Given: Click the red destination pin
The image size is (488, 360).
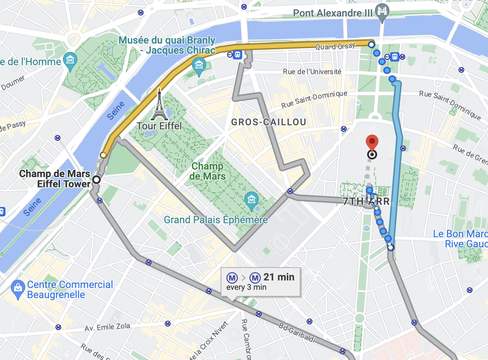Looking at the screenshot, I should point(372,142).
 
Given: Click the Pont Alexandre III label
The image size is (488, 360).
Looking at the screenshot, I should point(333,13).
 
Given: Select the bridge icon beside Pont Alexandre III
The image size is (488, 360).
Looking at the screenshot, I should point(382,11).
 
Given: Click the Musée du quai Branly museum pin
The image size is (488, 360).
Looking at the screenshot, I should point(199,66).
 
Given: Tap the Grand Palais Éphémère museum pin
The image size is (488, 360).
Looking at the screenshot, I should point(251,199).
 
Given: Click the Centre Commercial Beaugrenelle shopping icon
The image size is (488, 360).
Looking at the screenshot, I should point(18,288).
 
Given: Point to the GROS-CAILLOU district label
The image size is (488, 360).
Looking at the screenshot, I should point(268,122).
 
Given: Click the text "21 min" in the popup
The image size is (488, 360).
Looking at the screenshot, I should point(279,277).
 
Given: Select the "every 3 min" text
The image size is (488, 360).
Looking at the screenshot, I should point(246,287).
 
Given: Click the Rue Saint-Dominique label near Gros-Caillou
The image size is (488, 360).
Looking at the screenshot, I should point(314,99).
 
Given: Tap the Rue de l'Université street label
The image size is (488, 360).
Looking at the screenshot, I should point(312,72).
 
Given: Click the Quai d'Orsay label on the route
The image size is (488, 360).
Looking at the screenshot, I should point(335,46).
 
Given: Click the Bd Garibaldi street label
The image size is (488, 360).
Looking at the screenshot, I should point(297,333).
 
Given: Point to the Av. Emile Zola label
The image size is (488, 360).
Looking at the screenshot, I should point(107,327).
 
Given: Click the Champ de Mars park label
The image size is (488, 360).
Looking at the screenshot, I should point(208,171).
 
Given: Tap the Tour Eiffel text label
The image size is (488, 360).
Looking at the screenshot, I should point(159,126).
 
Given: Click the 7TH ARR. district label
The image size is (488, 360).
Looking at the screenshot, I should point(367,202).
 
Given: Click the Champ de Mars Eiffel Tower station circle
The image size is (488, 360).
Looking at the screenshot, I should point(96,180).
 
